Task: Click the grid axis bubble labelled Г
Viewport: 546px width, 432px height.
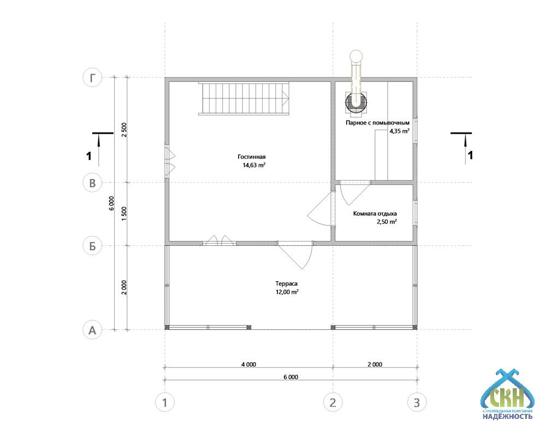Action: tap(92, 78)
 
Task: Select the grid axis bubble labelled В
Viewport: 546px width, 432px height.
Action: tap(92, 182)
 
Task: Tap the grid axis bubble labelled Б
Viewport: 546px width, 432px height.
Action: tap(92, 246)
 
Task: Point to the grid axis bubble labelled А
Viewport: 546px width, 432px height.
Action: tap(92, 329)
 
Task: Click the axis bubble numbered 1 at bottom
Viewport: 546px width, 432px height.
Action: tap(165, 403)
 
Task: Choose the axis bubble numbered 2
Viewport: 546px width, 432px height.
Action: tap(333, 403)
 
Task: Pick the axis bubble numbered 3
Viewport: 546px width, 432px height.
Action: tap(417, 403)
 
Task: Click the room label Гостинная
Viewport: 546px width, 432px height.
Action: tap(252, 157)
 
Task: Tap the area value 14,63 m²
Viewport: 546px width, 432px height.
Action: tap(254, 165)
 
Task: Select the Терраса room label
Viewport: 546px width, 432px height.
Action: tap(287, 283)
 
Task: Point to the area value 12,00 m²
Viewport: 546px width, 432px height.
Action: tap(287, 292)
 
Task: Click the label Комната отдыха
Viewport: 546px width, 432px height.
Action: tap(375, 214)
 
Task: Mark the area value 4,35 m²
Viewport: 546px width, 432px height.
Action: tap(399, 131)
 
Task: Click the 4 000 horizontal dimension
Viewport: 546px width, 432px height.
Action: tap(248, 364)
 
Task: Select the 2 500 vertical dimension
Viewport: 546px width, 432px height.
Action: tap(124, 130)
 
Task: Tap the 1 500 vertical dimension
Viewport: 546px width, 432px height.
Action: tap(124, 214)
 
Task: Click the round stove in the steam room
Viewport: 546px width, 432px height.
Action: tap(356, 102)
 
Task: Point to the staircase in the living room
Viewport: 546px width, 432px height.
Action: tap(244, 98)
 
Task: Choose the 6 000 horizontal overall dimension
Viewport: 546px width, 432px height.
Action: tap(291, 377)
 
